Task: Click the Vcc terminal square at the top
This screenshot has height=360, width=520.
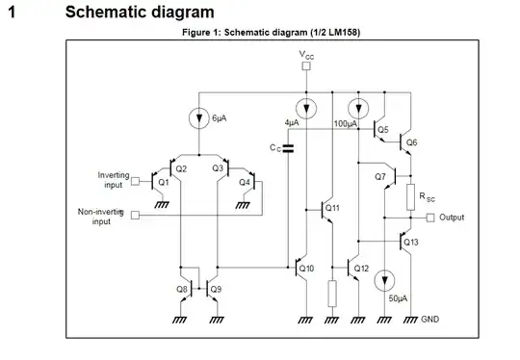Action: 305,67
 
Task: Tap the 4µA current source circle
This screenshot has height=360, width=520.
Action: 305,107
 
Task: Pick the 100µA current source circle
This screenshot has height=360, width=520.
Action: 358,107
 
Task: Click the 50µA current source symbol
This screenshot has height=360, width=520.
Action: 385,279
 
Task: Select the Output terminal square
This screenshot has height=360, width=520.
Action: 430,218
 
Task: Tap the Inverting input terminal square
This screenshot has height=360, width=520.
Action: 135,180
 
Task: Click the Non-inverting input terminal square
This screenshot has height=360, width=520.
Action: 133,215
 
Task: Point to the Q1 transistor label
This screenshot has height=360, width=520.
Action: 163,182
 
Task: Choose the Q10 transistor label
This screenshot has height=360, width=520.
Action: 307,268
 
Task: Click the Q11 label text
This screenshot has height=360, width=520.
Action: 332,207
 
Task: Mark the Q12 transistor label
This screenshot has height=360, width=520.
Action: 361,268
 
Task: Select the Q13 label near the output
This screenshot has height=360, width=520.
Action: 411,243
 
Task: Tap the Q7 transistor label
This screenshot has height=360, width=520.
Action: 379,177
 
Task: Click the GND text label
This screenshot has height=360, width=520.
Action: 429,319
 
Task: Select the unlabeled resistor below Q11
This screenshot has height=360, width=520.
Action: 332,293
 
